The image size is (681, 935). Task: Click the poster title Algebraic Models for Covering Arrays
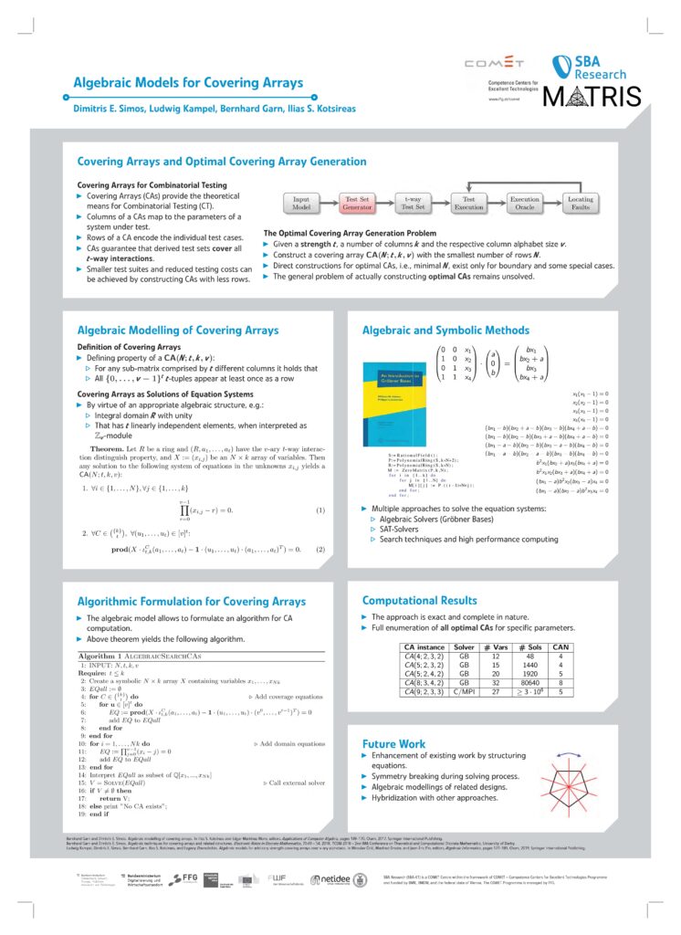(187, 83)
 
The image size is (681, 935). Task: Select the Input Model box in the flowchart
(301, 203)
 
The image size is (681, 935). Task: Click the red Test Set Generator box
(357, 203)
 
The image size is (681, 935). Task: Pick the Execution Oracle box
(525, 203)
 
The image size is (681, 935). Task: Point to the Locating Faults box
(581, 203)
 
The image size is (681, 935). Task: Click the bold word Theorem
(113, 450)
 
